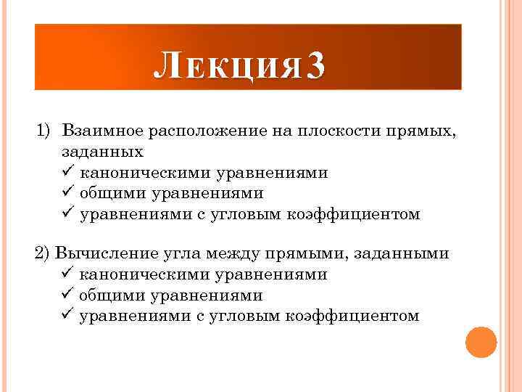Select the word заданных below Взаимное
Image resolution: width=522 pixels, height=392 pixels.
[103, 152]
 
